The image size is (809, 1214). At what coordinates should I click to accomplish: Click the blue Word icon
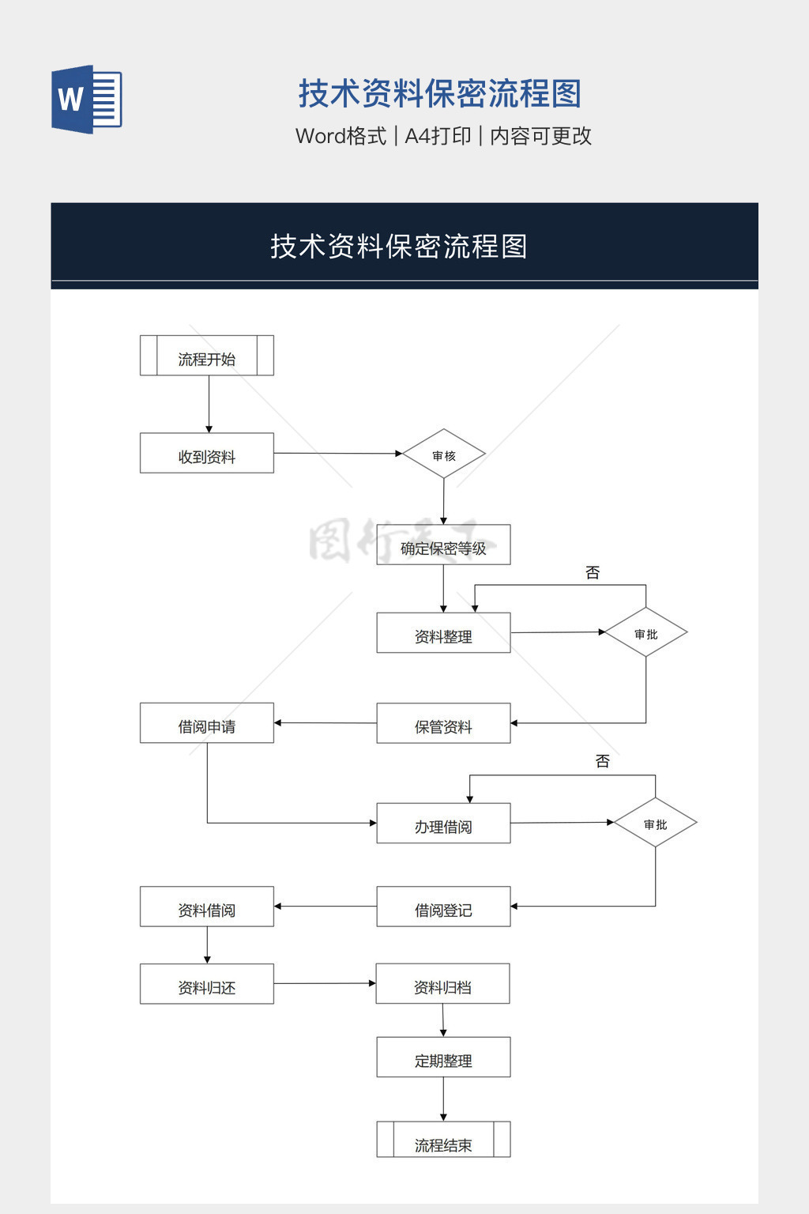(x=86, y=99)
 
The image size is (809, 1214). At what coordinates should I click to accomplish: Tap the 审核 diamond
(x=444, y=454)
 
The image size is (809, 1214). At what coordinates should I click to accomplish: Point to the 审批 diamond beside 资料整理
(x=645, y=633)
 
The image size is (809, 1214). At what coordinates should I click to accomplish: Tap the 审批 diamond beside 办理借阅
(x=655, y=824)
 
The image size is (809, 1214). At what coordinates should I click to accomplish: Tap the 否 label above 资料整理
(x=593, y=572)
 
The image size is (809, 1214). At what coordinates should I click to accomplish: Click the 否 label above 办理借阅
(x=602, y=761)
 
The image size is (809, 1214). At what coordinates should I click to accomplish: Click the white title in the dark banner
(x=399, y=247)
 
